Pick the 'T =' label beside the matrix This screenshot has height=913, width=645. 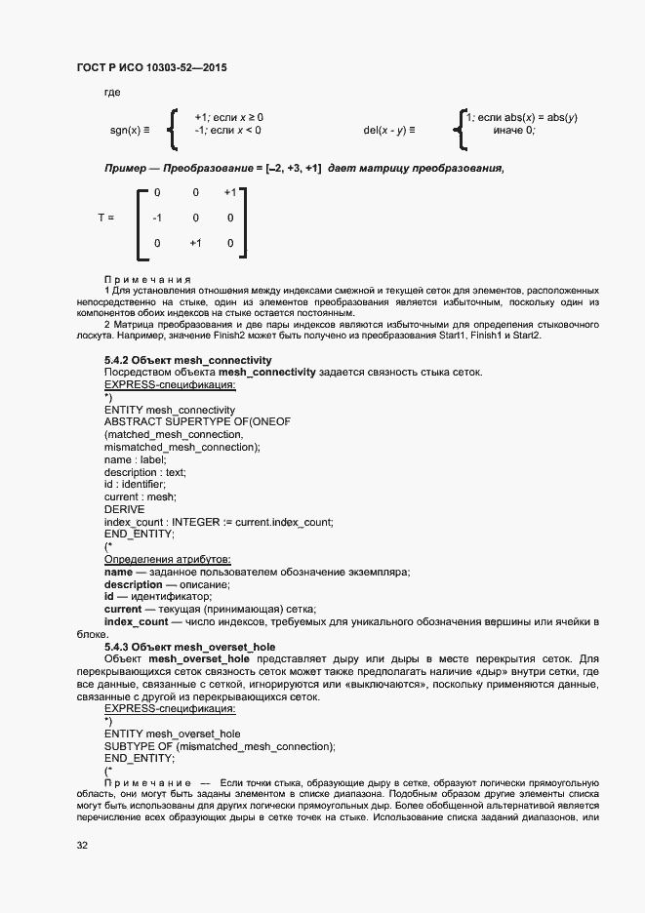tap(105, 218)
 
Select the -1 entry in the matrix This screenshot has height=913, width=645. tap(157, 218)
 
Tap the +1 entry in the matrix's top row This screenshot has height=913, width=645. tap(229, 193)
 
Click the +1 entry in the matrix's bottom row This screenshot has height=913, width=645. tap(195, 243)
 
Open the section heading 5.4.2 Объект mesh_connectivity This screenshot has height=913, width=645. tap(187, 360)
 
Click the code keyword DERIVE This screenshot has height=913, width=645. tap(124, 509)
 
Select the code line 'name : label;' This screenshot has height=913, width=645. tap(135, 458)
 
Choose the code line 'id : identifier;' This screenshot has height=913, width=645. tap(135, 484)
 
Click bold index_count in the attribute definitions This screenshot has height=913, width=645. tap(136, 621)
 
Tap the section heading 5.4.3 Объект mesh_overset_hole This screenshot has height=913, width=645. tap(189, 646)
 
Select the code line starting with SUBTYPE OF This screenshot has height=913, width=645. tap(220, 746)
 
